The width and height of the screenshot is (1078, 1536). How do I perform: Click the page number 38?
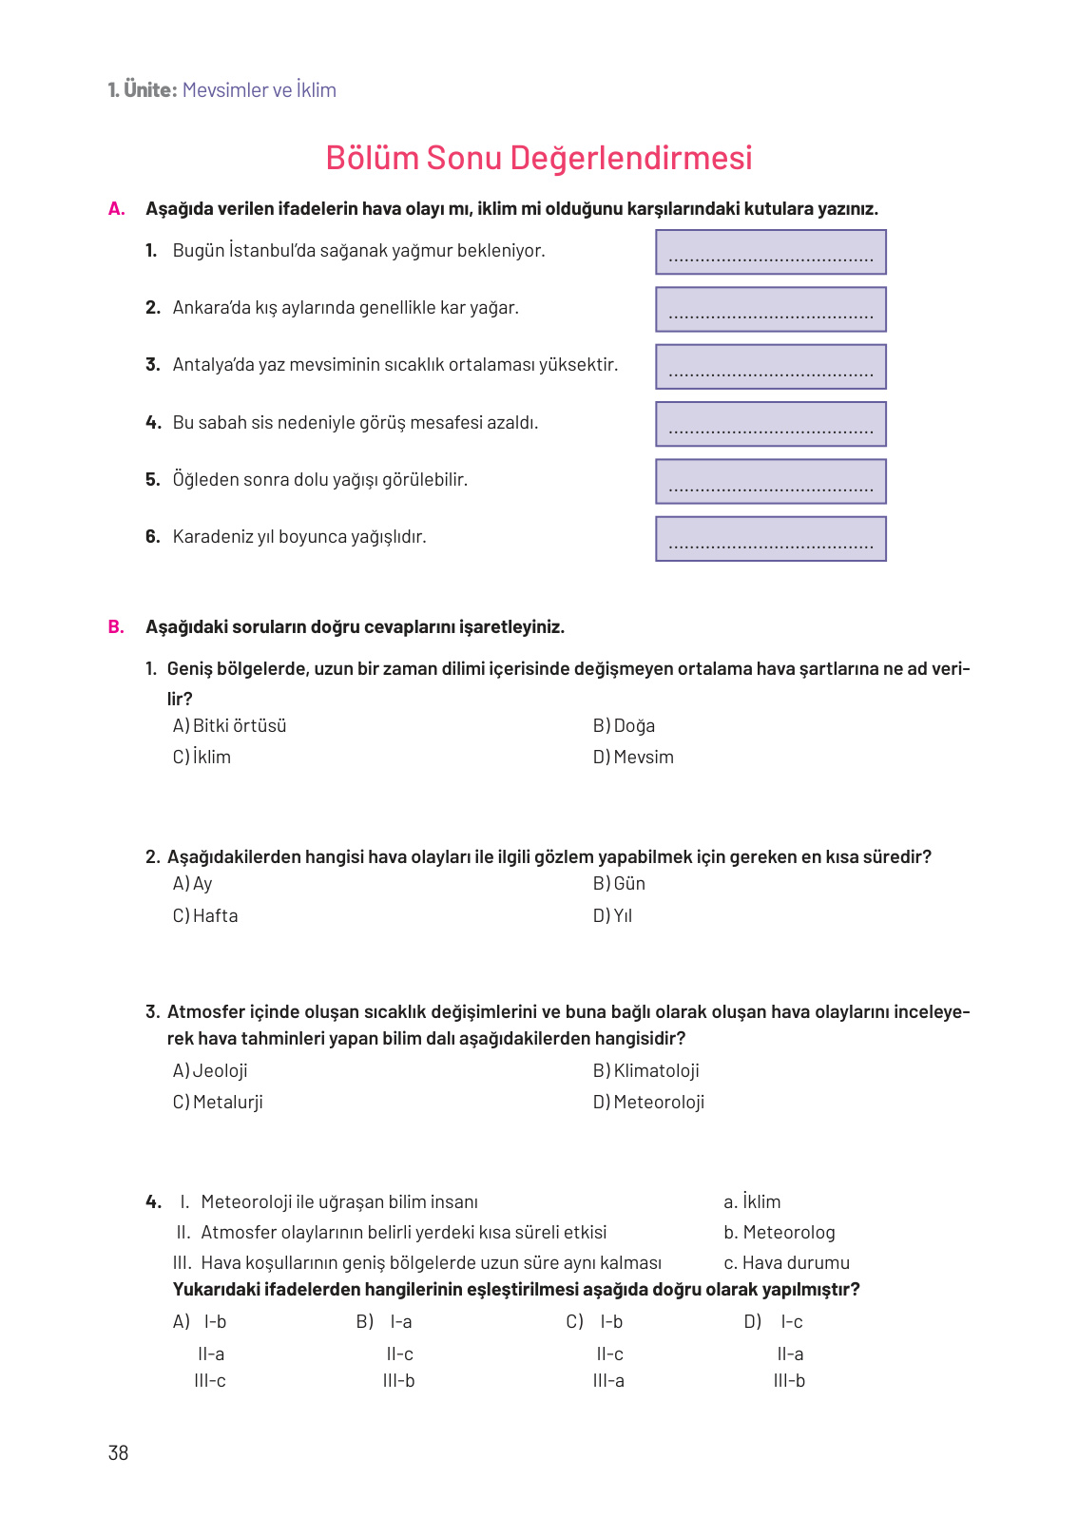click(x=118, y=1452)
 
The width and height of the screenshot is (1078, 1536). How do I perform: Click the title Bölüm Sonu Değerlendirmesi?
click(x=538, y=158)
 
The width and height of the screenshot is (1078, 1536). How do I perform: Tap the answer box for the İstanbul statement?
click(x=770, y=252)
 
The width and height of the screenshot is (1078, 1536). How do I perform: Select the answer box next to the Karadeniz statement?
click(x=770, y=539)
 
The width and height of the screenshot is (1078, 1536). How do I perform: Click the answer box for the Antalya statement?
click(x=770, y=367)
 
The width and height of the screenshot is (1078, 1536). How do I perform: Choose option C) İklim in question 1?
click(x=202, y=758)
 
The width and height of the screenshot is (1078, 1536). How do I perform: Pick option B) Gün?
click(x=619, y=884)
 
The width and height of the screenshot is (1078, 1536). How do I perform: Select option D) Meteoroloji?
click(x=648, y=1103)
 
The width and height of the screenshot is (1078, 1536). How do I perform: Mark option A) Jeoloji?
click(x=210, y=1071)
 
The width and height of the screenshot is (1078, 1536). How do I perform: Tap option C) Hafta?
click(x=205, y=916)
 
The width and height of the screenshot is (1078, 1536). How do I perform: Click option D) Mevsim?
click(x=633, y=758)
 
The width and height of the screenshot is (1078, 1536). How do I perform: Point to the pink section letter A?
click(x=117, y=209)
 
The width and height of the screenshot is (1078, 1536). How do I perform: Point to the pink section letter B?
click(x=116, y=627)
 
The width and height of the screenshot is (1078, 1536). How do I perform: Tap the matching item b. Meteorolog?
click(x=780, y=1233)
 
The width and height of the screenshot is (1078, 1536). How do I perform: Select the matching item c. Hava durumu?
click(x=786, y=1263)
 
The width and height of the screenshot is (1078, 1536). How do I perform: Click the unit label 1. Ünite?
click(x=143, y=90)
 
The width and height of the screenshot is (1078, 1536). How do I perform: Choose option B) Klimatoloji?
click(x=646, y=1071)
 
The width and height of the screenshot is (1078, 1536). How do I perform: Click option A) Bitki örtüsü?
click(x=230, y=726)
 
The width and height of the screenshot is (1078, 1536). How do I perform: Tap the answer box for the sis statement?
click(x=770, y=424)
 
